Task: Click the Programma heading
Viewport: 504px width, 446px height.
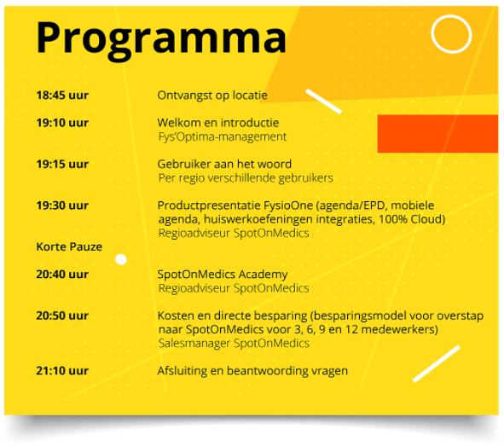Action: coord(161,39)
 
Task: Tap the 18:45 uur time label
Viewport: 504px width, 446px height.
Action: coord(62,96)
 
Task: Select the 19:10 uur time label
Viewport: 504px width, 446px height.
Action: coord(62,123)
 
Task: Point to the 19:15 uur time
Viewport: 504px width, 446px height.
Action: coord(62,165)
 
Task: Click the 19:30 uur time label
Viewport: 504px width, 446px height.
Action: coord(62,206)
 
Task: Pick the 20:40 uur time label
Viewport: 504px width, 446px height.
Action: coord(62,275)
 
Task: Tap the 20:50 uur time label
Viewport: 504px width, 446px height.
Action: coord(62,316)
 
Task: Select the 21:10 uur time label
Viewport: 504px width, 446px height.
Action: coord(62,371)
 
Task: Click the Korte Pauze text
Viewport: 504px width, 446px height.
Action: coord(69,246)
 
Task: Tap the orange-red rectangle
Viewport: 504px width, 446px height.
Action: coord(437,133)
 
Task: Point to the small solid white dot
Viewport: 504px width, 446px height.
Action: coord(121,259)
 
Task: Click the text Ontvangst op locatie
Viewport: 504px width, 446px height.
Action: coord(212,96)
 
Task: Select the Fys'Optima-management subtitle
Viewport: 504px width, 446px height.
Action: coord(222,137)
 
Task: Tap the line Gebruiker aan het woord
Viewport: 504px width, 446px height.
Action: coord(224,165)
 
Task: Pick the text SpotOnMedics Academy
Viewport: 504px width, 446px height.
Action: coord(223,275)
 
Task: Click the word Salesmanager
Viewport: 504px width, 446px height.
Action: coord(194,344)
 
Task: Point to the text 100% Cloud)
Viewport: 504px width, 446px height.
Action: coord(412,219)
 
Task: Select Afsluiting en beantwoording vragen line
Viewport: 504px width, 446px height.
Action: coord(252,371)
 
